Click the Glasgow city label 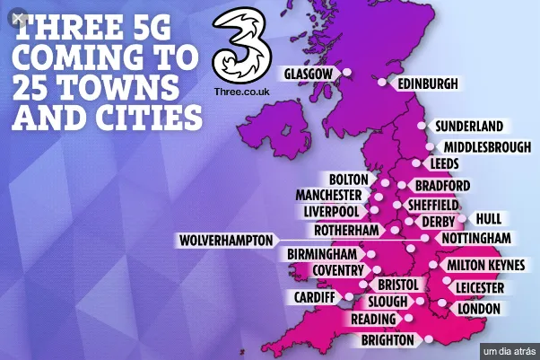pyautogui.click(x=308, y=74)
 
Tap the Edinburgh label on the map pyautogui.click(x=427, y=83)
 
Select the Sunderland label pyautogui.click(x=468, y=127)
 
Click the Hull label pyautogui.click(x=489, y=218)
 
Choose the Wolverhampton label pyautogui.click(x=225, y=241)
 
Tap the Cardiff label pyautogui.click(x=314, y=296)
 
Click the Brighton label pyautogui.click(x=388, y=340)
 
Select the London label pyautogui.click(x=477, y=308)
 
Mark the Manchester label pyautogui.click(x=328, y=195)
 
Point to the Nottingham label pyautogui.click(x=475, y=238)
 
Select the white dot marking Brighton pyautogui.click(x=430, y=338)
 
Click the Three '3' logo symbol pyautogui.click(x=240, y=48)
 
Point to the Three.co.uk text pyautogui.click(x=240, y=92)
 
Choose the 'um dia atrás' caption pyautogui.click(x=509, y=349)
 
